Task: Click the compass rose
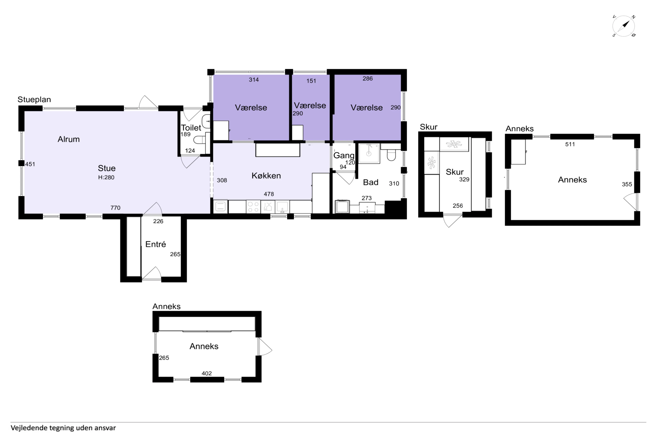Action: (624, 26)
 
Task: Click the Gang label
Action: (344, 155)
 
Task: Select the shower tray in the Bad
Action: (369, 153)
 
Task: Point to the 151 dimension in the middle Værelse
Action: (311, 81)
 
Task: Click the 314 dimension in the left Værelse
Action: (254, 80)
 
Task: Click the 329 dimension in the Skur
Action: (464, 179)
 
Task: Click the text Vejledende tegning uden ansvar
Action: (63, 428)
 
